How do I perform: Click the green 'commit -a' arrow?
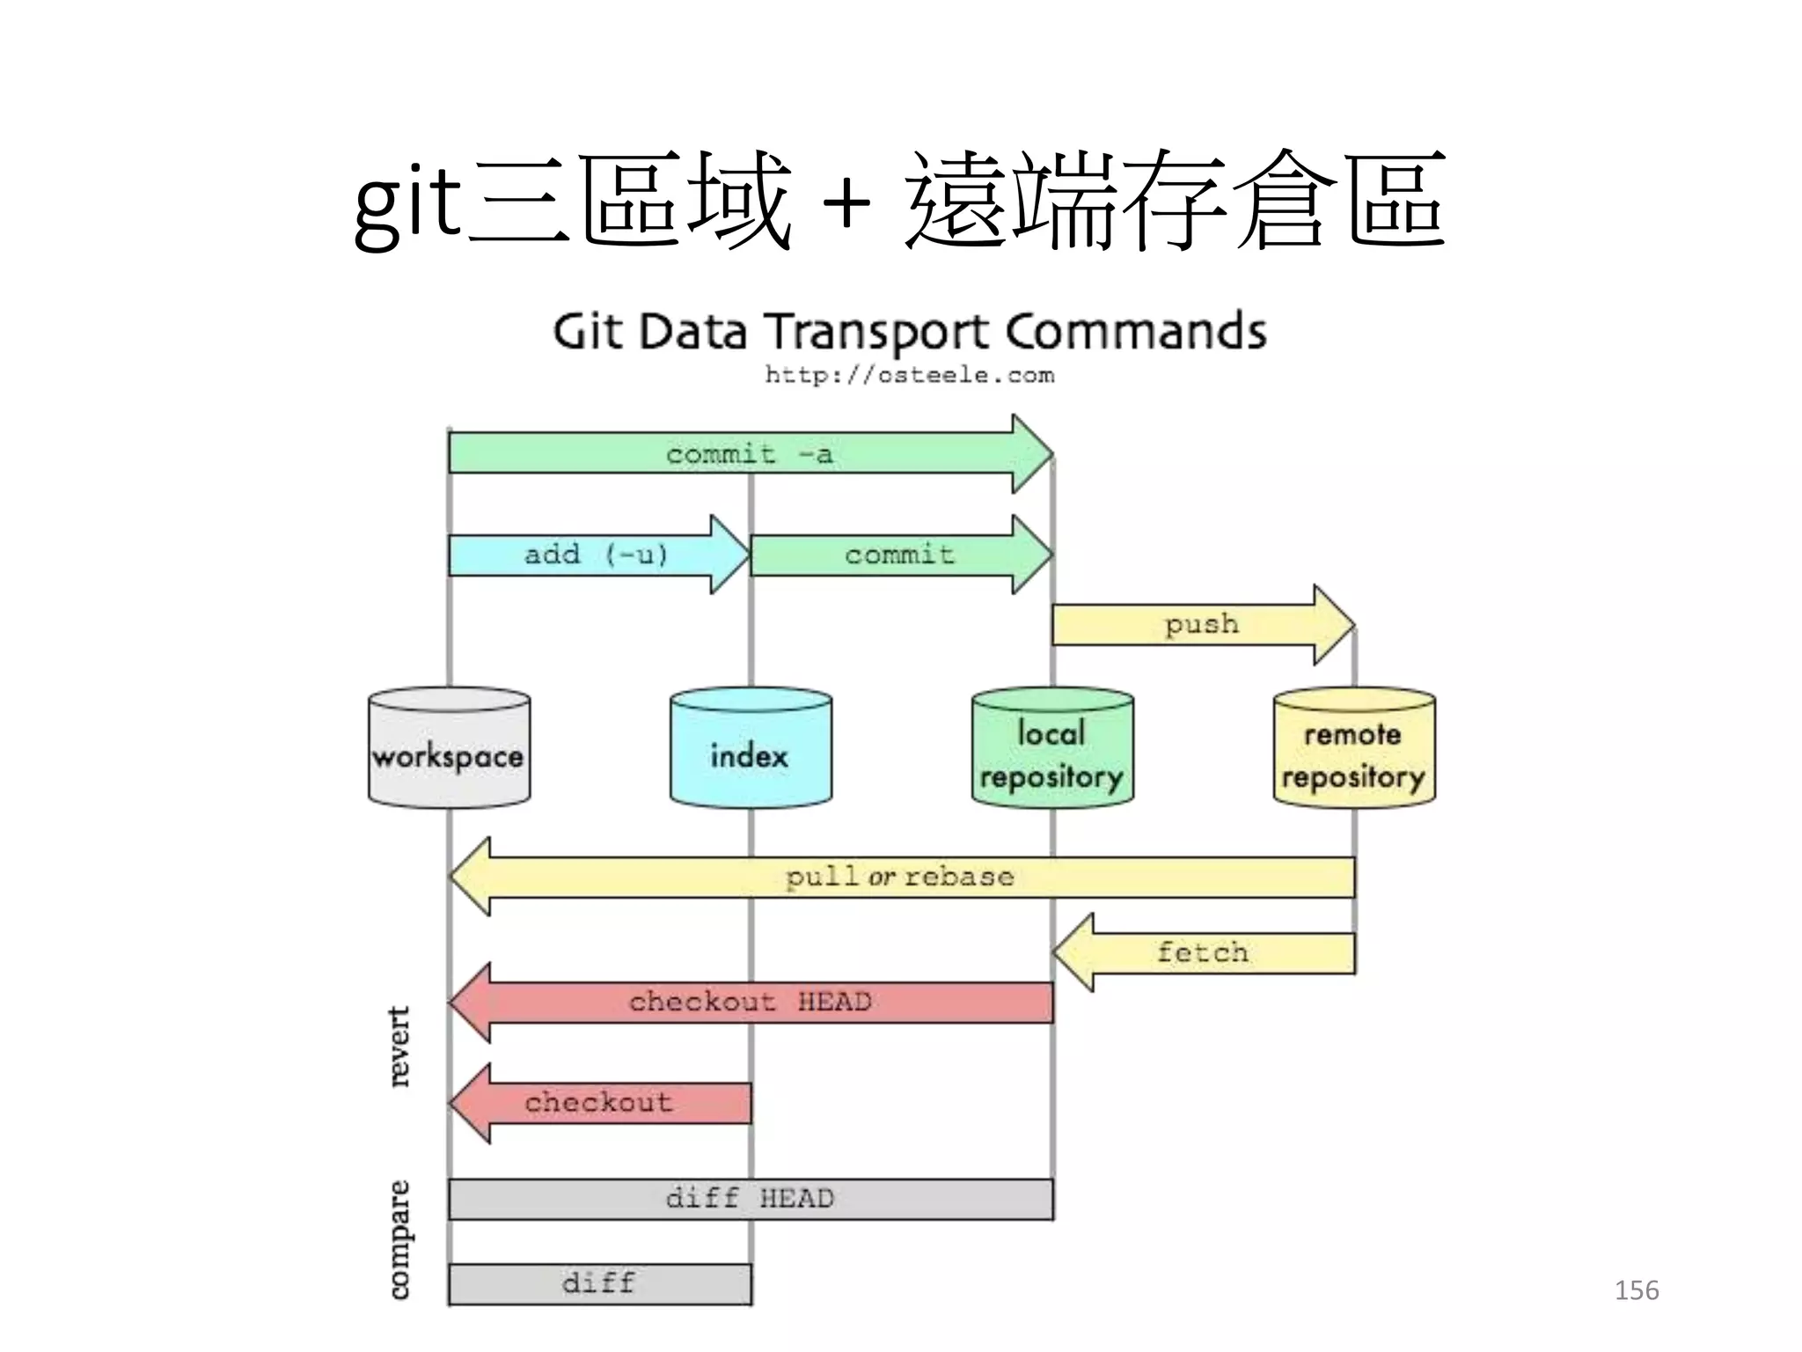coord(748,453)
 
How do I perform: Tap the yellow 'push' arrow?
coord(1202,624)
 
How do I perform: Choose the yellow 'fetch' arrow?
coord(1203,952)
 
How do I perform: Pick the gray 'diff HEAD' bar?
coord(750,1199)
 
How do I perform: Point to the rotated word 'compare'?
coord(399,1239)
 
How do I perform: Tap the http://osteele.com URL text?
coord(909,375)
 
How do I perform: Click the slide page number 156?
coord(1637,1290)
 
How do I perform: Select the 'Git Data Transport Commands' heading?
coord(909,332)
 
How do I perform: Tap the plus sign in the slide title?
coord(846,204)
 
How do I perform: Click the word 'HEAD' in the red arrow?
coord(834,1002)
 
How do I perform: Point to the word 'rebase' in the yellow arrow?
coord(959,877)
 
